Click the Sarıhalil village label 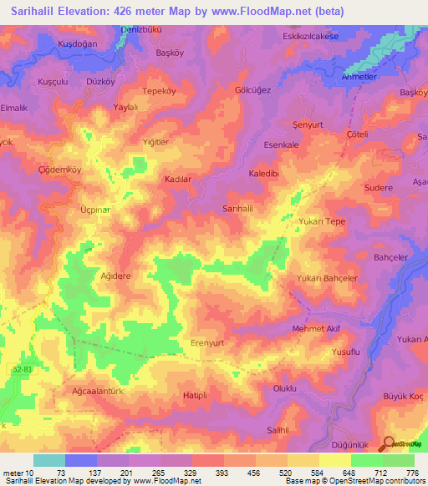(237, 208)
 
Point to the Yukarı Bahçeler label (327, 278)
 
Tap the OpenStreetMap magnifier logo (389, 444)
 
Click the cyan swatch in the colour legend (48, 460)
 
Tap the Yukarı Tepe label (322, 221)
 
